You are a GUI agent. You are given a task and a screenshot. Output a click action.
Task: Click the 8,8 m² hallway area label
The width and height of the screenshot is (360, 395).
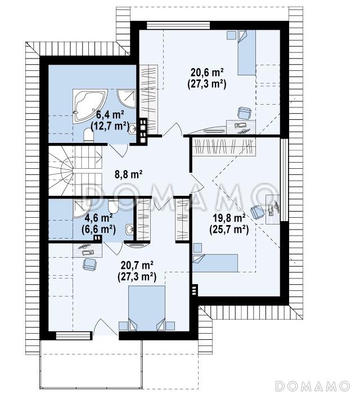pos(129,174)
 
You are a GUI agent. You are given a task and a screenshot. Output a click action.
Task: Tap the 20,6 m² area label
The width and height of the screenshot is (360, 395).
pos(207,73)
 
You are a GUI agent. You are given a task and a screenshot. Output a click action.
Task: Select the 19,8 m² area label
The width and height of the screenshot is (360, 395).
pos(229,218)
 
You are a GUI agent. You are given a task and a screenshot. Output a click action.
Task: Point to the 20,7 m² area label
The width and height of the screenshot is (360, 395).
pos(137,265)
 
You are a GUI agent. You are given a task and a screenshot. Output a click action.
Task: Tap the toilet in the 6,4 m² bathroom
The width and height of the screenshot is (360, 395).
pos(88,135)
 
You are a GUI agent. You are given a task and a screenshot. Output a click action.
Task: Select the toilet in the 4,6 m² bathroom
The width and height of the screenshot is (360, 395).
pos(113,205)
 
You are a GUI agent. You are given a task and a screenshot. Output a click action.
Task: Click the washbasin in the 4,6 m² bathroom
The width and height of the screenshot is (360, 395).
pos(129,229)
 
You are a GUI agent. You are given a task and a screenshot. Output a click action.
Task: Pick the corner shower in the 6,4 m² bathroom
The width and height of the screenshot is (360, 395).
pos(127,98)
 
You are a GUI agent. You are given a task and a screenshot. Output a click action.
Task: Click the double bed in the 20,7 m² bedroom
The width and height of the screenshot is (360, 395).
pos(147,308)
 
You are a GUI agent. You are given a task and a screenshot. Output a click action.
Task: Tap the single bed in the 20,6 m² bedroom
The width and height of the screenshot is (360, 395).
pos(247,52)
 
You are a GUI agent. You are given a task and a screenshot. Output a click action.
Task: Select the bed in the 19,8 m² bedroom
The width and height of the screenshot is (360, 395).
pos(215,263)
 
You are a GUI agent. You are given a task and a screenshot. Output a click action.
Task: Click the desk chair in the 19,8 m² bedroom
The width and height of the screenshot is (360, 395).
pos(257,212)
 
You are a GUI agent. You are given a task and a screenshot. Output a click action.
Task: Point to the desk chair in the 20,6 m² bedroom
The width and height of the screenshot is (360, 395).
pos(245,113)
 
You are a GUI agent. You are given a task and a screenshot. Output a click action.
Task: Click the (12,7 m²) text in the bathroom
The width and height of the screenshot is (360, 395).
pos(110,125)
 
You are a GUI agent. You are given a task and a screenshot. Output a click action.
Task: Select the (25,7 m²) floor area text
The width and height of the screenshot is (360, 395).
pos(229,230)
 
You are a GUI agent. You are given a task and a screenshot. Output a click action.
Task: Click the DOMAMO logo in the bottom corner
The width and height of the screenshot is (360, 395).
pos(313,386)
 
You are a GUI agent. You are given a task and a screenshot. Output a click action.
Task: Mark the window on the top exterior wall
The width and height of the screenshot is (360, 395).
pos(178,25)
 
